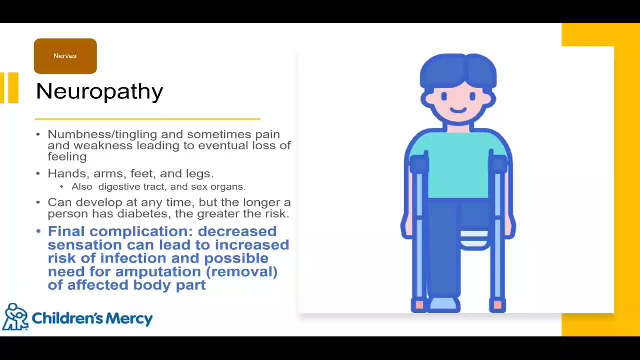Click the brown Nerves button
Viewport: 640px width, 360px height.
click(x=65, y=56)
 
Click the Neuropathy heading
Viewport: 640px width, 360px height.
click(x=99, y=92)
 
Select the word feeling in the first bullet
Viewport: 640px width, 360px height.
click(x=67, y=157)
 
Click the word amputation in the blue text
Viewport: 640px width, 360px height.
click(x=158, y=271)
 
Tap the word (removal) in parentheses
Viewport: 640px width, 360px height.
click(x=241, y=271)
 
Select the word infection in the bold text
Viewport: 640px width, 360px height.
click(x=133, y=258)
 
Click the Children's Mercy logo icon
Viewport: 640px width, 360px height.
click(x=15, y=317)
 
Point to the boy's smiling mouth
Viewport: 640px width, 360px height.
click(x=458, y=110)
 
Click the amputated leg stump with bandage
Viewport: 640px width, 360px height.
click(x=474, y=239)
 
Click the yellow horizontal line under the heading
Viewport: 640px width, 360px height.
click(x=147, y=119)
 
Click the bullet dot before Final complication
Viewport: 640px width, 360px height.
click(x=39, y=231)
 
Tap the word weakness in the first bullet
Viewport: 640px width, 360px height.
click(x=103, y=146)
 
